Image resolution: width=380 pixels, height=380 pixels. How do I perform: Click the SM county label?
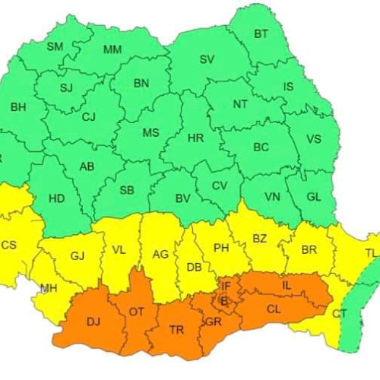coord(55,47)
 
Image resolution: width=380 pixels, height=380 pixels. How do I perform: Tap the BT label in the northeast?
coord(261,34)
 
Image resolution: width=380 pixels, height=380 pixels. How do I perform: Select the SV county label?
coord(207,59)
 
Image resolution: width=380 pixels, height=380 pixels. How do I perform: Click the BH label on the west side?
coord(17,107)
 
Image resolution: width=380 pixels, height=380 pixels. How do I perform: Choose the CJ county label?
coord(89,117)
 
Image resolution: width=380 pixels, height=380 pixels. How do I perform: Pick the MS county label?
coord(151,133)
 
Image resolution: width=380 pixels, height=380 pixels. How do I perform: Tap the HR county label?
coord(195,138)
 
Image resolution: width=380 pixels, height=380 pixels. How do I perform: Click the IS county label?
coord(288,87)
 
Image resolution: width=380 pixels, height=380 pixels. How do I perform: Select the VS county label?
coord(315,139)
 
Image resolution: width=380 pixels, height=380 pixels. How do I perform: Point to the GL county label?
coord(314,196)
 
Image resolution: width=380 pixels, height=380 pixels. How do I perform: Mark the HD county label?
coord(56,198)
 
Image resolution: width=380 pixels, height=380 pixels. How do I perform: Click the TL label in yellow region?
coord(370,253)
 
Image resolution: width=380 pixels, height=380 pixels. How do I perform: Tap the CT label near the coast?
coord(340,313)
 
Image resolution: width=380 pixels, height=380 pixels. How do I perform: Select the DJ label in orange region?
coord(93,322)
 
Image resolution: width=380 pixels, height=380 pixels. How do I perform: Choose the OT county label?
coord(137,312)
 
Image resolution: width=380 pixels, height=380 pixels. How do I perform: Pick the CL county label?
coord(273,309)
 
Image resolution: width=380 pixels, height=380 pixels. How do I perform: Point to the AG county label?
coord(160,255)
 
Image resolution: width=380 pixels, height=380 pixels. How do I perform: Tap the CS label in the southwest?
coord(8,245)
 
